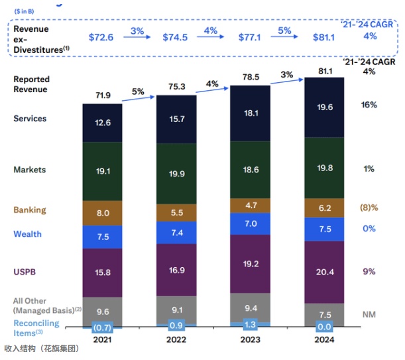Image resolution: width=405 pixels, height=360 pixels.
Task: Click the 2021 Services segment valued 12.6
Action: (102, 122)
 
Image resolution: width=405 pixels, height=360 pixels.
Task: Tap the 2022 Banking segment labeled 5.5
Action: (176, 213)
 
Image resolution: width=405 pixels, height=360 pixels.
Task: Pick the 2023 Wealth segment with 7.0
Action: (250, 224)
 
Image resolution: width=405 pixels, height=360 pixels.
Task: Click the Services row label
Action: (30, 119)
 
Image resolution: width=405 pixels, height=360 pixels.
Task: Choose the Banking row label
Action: (30, 210)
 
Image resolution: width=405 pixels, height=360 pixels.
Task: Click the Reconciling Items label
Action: (36, 326)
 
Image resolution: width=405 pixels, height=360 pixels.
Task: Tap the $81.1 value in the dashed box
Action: (323, 37)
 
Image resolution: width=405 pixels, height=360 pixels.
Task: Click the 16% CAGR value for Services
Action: (369, 105)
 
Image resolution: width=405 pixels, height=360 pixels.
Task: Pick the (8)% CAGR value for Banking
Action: (369, 208)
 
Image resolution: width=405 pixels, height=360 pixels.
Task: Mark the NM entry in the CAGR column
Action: (369, 314)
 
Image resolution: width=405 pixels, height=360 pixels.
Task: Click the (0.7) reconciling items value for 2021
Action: (102, 327)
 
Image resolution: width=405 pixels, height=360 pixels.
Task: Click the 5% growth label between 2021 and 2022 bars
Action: (137, 91)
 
